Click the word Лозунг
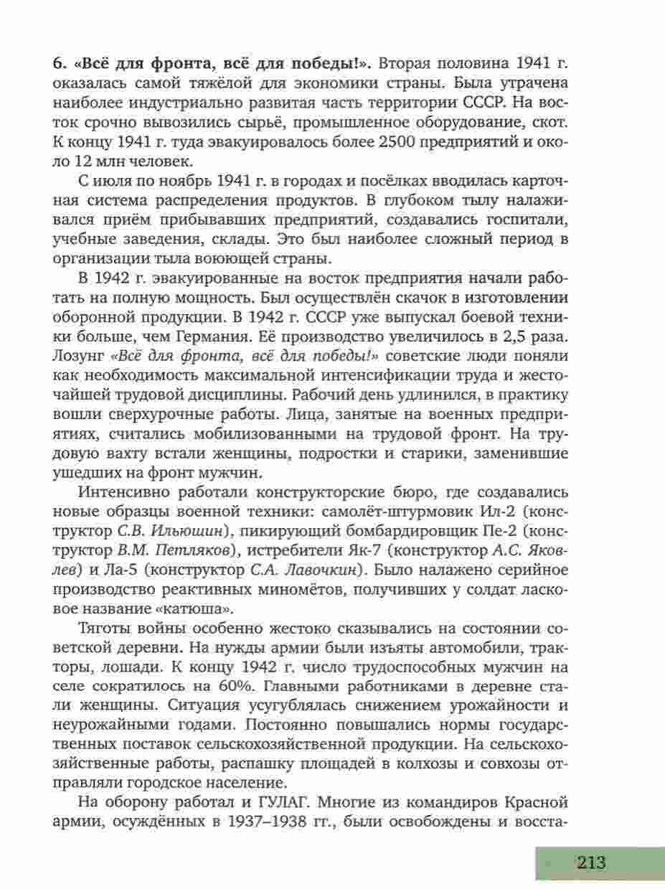(x=78, y=356)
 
